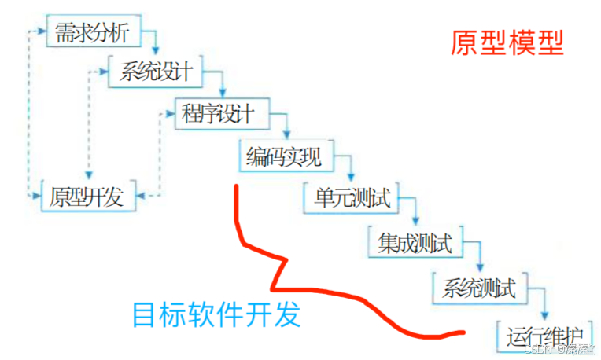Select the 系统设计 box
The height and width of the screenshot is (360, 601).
point(155,73)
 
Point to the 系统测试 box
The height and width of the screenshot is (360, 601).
point(478,288)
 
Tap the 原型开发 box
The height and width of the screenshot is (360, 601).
point(87,197)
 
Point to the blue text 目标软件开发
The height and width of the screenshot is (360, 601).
point(216,315)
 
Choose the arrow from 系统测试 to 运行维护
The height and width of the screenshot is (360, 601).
point(544,302)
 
